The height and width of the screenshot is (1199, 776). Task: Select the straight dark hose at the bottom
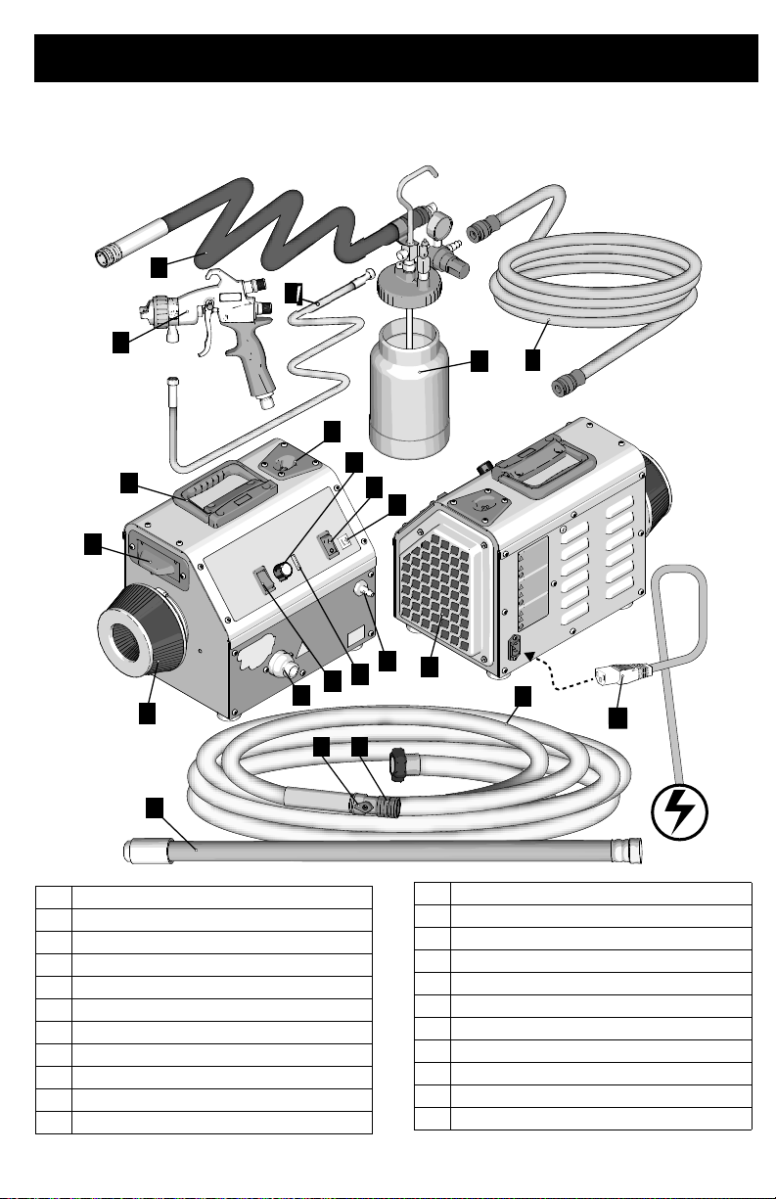(x=382, y=850)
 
